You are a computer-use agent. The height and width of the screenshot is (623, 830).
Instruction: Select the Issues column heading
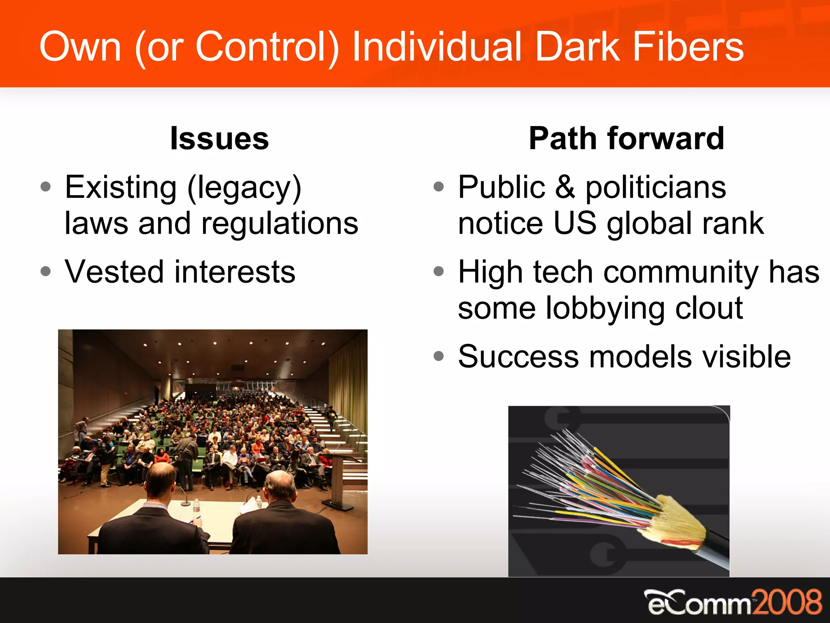[x=219, y=139]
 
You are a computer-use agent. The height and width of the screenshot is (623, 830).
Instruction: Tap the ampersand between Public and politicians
[x=565, y=187]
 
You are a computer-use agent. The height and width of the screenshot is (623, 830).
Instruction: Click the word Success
[x=518, y=357]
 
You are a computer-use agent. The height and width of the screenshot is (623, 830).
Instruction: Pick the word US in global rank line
[x=575, y=224]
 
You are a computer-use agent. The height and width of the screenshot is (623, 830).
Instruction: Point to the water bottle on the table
[x=196, y=506]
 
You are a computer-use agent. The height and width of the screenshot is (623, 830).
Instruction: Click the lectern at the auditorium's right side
[x=340, y=479]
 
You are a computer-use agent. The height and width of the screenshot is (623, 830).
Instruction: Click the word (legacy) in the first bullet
[x=244, y=188]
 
